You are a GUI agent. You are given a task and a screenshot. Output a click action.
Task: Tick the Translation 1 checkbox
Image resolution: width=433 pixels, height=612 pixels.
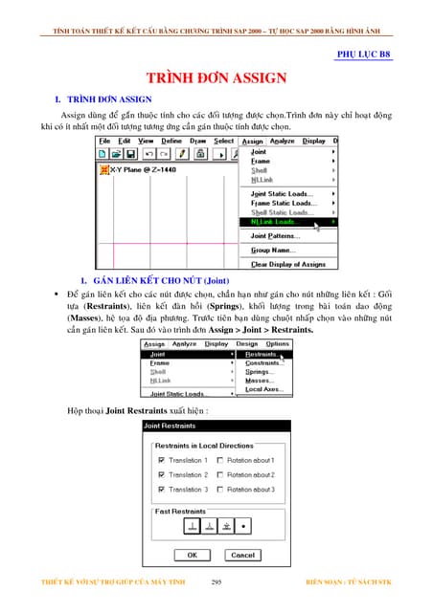pos(160,460)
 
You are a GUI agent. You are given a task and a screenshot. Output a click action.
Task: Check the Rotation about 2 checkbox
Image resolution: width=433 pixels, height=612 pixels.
pos(221,474)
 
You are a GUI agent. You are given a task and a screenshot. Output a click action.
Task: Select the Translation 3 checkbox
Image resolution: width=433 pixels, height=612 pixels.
pos(160,489)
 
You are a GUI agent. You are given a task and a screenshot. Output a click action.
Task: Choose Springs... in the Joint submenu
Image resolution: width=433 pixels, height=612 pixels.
pos(261,372)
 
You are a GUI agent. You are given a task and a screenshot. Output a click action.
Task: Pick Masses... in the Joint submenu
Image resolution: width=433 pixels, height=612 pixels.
pos(261,381)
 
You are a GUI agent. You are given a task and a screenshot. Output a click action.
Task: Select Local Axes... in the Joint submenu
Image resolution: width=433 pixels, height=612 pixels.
pos(264,389)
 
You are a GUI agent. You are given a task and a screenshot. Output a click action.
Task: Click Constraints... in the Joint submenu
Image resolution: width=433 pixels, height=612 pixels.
pos(264,362)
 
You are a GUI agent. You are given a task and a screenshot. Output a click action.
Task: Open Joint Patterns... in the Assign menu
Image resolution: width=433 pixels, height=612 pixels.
pos(276,235)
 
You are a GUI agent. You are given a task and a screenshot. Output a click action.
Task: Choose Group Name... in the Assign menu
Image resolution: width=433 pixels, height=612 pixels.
pos(274,250)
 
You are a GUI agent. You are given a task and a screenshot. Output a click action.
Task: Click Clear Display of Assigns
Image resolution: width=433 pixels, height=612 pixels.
pos(287,264)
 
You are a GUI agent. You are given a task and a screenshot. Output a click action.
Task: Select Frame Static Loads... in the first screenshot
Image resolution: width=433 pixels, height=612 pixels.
pos(284,203)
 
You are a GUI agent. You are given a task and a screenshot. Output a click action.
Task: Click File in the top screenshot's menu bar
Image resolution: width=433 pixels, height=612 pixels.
pos(104,141)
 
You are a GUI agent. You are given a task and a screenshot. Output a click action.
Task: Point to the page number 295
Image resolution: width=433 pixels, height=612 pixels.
pos(217,581)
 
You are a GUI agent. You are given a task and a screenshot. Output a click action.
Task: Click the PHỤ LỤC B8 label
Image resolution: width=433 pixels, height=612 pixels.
pos(364,56)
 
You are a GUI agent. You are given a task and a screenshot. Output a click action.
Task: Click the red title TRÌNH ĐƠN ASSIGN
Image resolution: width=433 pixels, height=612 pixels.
pos(216,77)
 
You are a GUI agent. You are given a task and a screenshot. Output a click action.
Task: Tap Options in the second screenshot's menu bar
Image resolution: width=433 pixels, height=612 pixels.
pos(278,343)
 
